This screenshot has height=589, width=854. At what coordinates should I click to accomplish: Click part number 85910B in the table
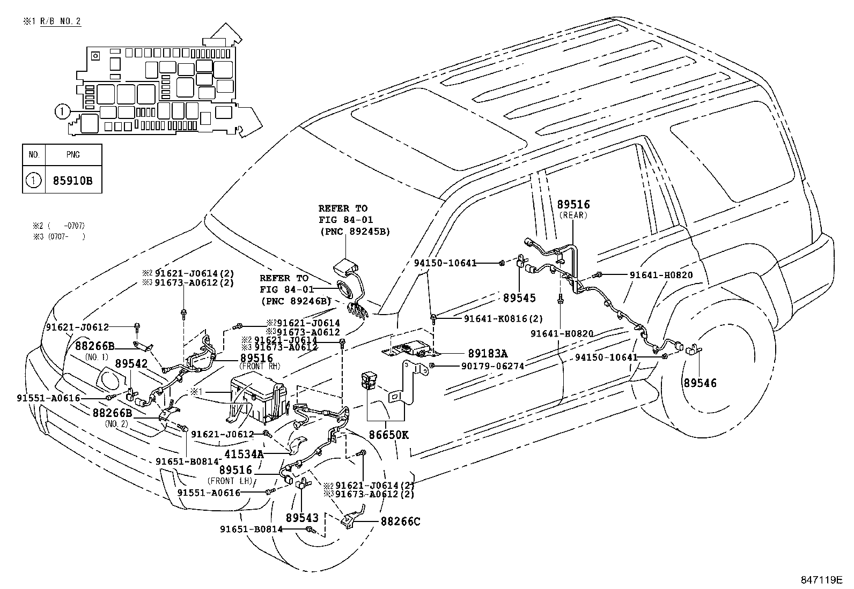pos(72,181)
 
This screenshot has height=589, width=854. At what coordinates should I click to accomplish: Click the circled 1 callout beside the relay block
pos(62,112)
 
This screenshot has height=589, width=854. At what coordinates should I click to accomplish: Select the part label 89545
pos(519,297)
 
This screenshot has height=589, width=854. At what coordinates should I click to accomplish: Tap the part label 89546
pos(700,383)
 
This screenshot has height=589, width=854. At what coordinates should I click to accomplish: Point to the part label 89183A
pos(488,353)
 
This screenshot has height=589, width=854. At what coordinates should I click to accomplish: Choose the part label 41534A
pos(244,453)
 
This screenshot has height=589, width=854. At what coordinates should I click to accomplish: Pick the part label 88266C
pos(400,521)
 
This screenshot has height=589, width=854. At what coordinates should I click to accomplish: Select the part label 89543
pos(302,518)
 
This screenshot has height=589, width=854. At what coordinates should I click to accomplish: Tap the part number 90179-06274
pos(492,366)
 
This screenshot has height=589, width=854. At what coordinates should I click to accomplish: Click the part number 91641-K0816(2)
pos(496,318)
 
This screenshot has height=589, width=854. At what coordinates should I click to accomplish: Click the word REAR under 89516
pos(573,215)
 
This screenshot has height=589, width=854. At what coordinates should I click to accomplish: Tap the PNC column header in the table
pos(73,155)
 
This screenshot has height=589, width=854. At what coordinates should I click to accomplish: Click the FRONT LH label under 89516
pos(230,481)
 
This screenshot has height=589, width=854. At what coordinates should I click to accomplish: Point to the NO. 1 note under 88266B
pos(97,356)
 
